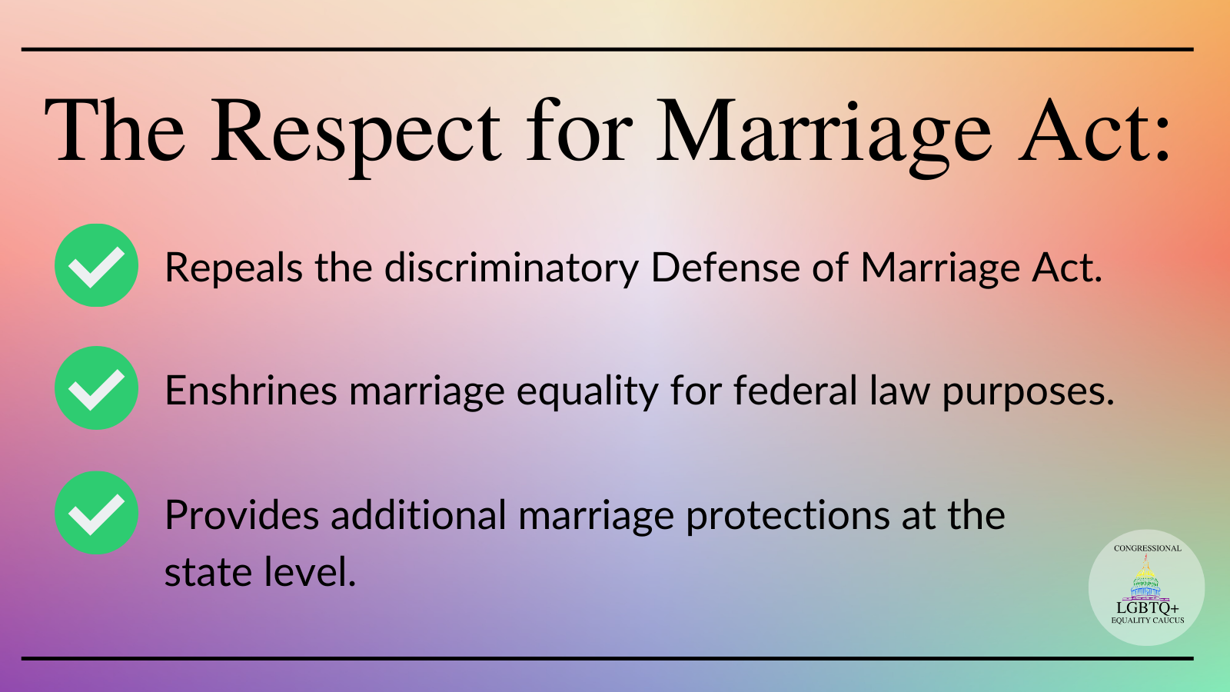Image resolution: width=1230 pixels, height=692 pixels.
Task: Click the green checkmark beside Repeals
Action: pyautogui.click(x=96, y=265)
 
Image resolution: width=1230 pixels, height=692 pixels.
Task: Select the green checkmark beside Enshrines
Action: pyautogui.click(x=96, y=388)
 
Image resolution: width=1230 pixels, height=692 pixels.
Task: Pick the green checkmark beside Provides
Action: pyautogui.click(x=96, y=513)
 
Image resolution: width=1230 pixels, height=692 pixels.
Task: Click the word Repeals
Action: pyautogui.click(x=234, y=268)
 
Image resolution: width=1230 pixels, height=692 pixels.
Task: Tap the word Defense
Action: pyautogui.click(x=726, y=268)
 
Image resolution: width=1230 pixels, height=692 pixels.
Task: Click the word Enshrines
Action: pyautogui.click(x=251, y=391)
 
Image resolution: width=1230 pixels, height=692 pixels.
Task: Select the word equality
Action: pyautogui.click(x=587, y=392)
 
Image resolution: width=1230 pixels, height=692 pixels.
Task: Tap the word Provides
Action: pyautogui.click(x=241, y=515)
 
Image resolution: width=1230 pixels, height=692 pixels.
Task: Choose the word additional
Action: pyautogui.click(x=418, y=514)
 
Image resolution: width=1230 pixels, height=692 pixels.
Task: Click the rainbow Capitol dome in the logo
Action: pyautogui.click(x=1145, y=577)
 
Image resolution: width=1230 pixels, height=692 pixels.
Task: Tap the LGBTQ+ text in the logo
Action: pyautogui.click(x=1148, y=608)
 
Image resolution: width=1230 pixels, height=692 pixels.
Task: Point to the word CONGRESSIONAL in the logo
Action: pyautogui.click(x=1148, y=548)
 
